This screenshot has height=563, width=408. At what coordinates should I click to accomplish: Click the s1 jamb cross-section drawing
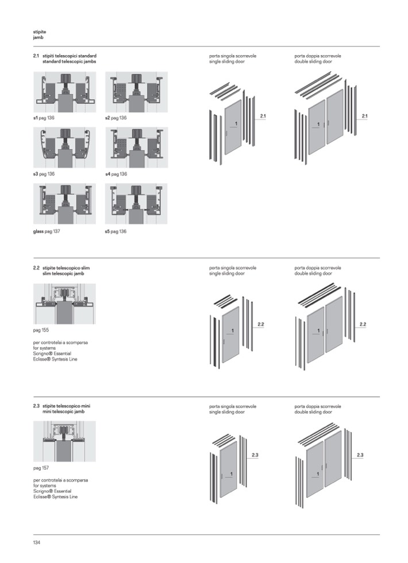(64, 92)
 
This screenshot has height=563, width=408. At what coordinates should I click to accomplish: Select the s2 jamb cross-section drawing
(136, 92)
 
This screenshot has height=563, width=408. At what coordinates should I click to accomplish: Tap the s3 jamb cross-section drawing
(64, 147)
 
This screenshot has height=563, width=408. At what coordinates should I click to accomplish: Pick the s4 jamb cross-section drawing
(136, 147)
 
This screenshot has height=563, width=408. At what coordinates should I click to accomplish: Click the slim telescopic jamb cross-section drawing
(64, 304)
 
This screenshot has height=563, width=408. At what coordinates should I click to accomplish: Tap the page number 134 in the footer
(37, 542)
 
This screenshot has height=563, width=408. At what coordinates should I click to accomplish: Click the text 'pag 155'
(40, 332)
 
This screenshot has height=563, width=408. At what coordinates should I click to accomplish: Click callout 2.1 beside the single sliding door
(263, 117)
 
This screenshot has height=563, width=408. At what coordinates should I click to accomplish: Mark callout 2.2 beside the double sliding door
(363, 325)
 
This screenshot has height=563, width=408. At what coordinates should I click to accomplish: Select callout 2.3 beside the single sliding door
(255, 455)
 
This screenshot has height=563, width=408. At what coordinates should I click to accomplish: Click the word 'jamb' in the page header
(39, 37)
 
